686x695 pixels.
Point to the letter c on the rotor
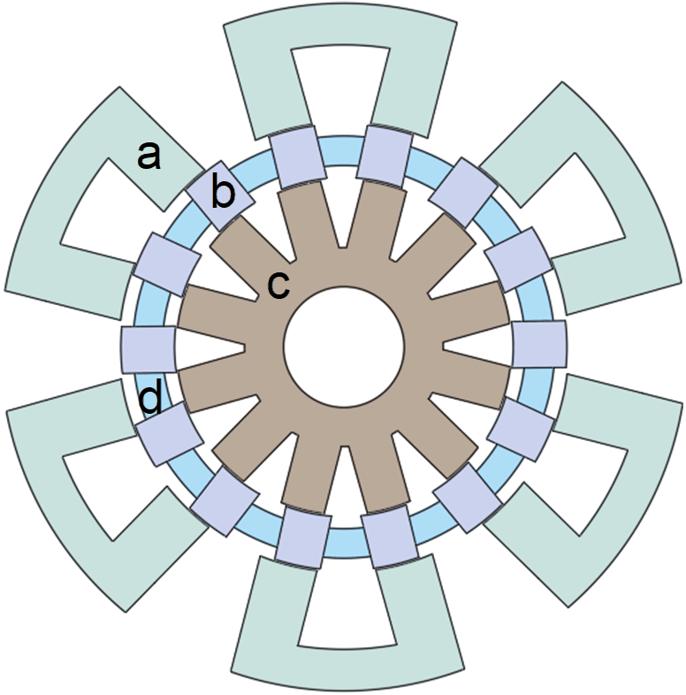pyautogui.click(x=278, y=284)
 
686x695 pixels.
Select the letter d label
pyautogui.click(x=151, y=400)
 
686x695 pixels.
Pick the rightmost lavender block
pyautogui.click(x=540, y=345)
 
